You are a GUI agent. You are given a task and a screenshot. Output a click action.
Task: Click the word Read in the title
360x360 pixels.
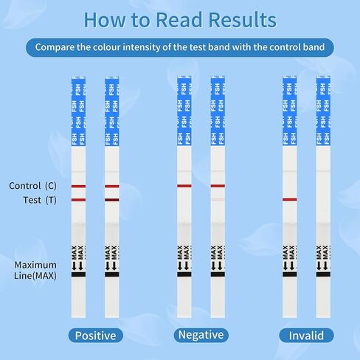coord(179,20)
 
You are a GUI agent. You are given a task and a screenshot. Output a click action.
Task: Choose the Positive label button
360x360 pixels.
coord(96,336)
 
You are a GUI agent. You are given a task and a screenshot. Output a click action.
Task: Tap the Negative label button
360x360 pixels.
coord(201,335)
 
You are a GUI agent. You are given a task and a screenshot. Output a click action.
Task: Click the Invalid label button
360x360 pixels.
coord(306,336)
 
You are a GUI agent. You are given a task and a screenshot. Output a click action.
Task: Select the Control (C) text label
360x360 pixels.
coord(32,186)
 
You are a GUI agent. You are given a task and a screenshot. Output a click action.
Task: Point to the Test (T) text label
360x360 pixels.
coord(40,200)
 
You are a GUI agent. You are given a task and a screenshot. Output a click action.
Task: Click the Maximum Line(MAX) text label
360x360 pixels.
coord(35,270)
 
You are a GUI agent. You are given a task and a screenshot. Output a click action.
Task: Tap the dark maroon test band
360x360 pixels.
coord(112,200)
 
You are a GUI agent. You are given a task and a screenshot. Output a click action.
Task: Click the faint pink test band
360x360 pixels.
coord(218,199)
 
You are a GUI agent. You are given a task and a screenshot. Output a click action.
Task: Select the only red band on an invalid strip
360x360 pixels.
coord(290,199)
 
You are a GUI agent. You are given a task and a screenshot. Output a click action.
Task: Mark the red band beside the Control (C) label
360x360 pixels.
coord(78,187)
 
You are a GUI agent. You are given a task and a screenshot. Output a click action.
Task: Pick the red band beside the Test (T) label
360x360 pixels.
coord(78,200)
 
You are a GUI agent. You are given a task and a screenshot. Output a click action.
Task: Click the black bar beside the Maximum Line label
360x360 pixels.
coord(78,274)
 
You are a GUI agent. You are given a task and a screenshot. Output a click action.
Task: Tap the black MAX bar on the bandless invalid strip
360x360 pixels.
coord(323,274)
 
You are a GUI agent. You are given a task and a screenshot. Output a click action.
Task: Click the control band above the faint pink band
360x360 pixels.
coord(218,186)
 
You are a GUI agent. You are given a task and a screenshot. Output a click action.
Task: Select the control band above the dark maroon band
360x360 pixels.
coord(112,187)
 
